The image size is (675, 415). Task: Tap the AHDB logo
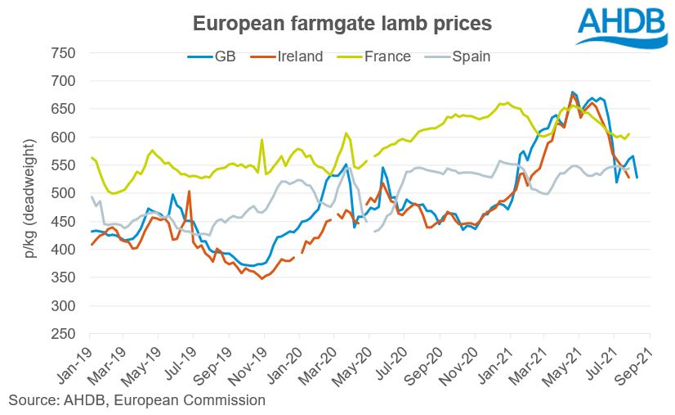(x=622, y=26)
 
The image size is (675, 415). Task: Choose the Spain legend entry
(x=463, y=56)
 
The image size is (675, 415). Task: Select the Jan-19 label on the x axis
(x=76, y=361)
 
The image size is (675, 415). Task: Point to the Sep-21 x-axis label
(x=636, y=361)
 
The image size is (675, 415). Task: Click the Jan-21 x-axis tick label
(x=496, y=361)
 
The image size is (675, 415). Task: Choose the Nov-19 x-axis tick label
(x=250, y=361)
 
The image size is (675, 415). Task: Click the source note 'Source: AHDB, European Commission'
(x=136, y=400)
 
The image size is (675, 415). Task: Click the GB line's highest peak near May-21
(x=572, y=92)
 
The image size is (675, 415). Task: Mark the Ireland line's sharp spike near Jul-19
(x=189, y=192)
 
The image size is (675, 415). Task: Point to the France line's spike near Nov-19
(x=262, y=140)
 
